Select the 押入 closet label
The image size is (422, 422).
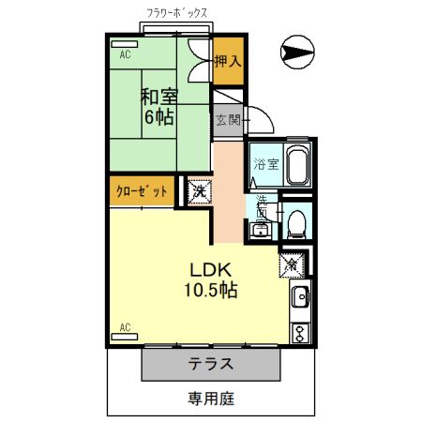click(x=227, y=62)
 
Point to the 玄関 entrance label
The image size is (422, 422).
click(x=228, y=120)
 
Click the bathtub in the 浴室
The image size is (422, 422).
click(x=296, y=166)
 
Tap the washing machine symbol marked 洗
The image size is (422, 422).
click(x=199, y=190)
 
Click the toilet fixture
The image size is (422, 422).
click(x=296, y=223)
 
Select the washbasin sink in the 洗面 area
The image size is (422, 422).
click(x=260, y=227)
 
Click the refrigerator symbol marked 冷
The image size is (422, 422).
click(x=292, y=264)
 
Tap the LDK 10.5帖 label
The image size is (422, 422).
click(x=208, y=279)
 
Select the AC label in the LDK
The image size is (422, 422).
click(x=124, y=327)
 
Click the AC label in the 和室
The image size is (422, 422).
click(x=124, y=54)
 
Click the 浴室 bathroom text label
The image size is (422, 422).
click(x=266, y=164)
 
